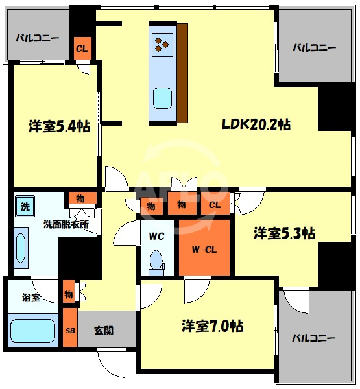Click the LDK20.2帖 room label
[x=256, y=124]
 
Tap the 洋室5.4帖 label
[x=59, y=126]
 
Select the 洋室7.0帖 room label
[x=212, y=325]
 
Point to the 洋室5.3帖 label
[x=284, y=233]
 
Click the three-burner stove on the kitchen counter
[x=162, y=45]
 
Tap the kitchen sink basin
[x=162, y=99]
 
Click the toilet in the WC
[x=156, y=263]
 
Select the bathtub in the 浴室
[x=33, y=331]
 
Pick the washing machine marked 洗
[x=25, y=206]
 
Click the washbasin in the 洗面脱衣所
[x=21, y=248]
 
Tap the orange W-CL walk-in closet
[x=204, y=248]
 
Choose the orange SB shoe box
[x=70, y=327]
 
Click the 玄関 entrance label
[x=104, y=331]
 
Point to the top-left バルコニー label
[x=38, y=38]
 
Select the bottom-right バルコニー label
[x=313, y=338]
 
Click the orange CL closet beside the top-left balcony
[x=82, y=48]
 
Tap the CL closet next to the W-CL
[x=215, y=204]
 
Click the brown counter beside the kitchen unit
[x=182, y=73]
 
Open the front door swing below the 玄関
[x=112, y=364]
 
